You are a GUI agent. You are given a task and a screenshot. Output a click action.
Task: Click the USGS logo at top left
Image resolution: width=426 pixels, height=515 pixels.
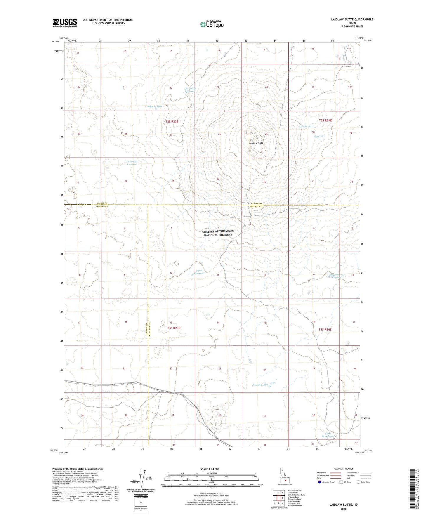click(x=65, y=23)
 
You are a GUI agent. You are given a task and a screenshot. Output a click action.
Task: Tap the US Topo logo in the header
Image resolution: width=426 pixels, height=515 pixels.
click(x=212, y=24)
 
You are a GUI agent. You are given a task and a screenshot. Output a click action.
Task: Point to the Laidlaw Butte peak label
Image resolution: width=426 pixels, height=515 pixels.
click(x=256, y=143)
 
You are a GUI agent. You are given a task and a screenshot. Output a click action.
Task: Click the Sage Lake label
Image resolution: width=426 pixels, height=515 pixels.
click(x=319, y=137)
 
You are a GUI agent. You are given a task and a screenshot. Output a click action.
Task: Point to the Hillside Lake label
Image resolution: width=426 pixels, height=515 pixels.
click(x=305, y=126)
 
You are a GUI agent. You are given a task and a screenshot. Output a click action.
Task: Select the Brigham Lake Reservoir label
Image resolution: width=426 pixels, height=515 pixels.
click(x=337, y=276)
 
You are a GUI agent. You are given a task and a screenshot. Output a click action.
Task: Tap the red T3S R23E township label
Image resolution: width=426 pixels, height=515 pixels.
click(x=173, y=328)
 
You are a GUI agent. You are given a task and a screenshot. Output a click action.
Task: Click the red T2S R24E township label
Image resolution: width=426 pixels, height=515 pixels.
click(x=325, y=120)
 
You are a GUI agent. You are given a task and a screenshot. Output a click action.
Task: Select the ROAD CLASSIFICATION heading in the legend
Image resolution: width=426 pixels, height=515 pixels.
click(x=343, y=469)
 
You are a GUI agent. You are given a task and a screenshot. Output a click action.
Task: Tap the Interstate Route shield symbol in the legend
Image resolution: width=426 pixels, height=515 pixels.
click(x=320, y=482)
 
